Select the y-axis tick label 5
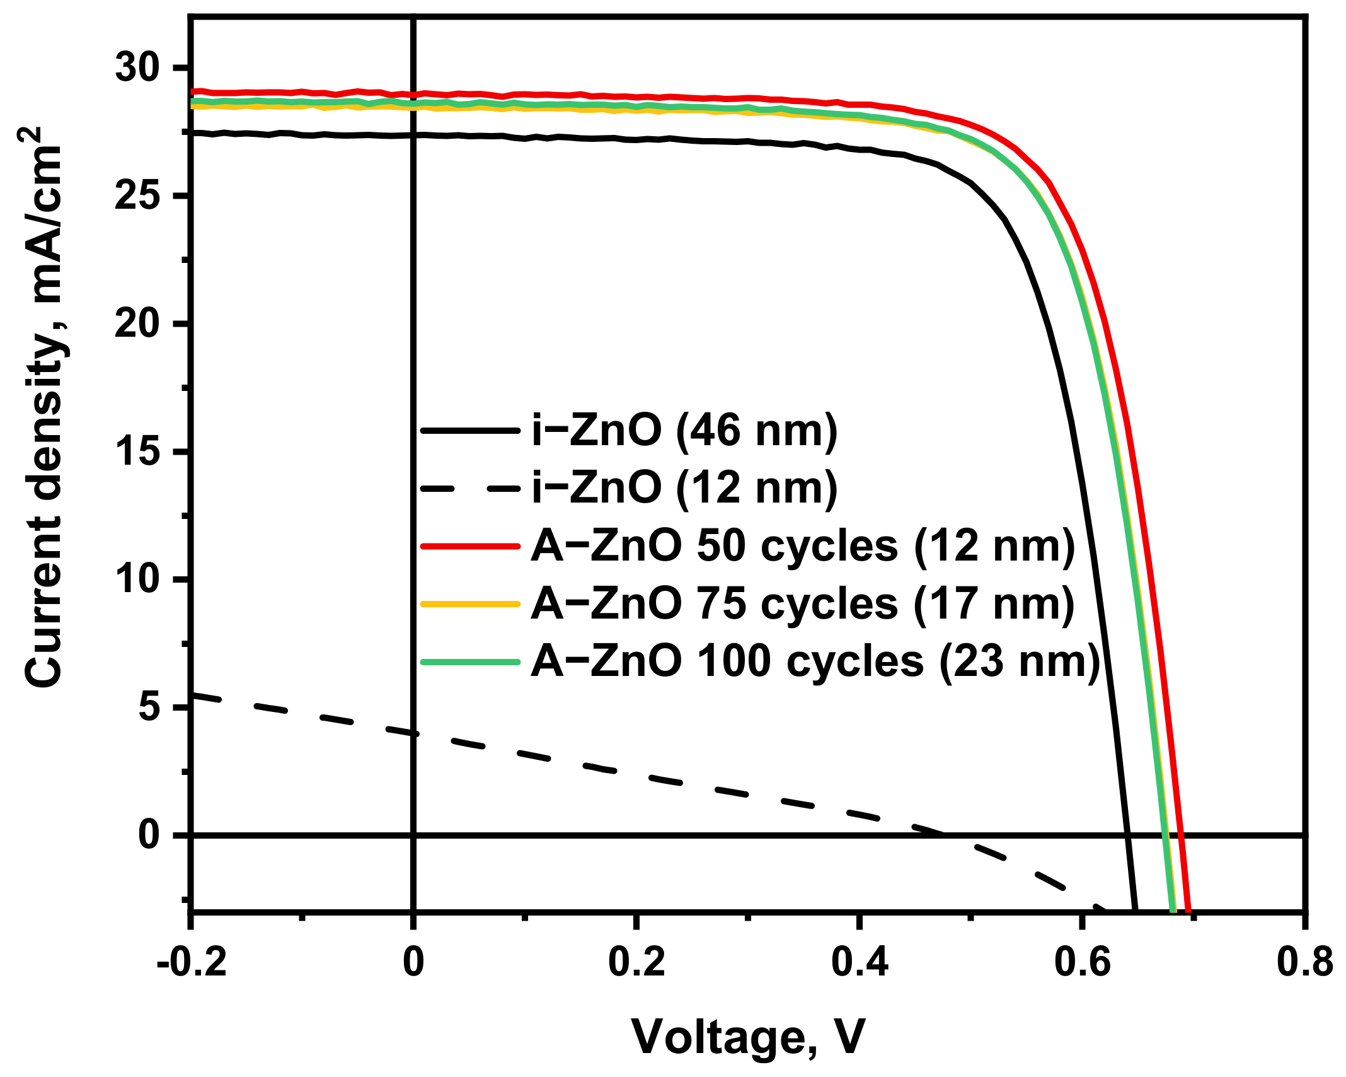click(x=149, y=707)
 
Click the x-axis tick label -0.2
click(x=191, y=963)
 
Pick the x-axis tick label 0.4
click(x=860, y=963)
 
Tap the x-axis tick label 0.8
click(x=1304, y=963)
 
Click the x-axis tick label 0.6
click(x=1082, y=963)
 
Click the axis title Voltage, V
click(x=749, y=1037)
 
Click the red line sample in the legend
click(x=470, y=546)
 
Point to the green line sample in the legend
click(x=470, y=661)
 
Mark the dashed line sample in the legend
click(x=470, y=488)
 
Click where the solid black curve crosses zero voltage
click(x=413, y=135)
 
